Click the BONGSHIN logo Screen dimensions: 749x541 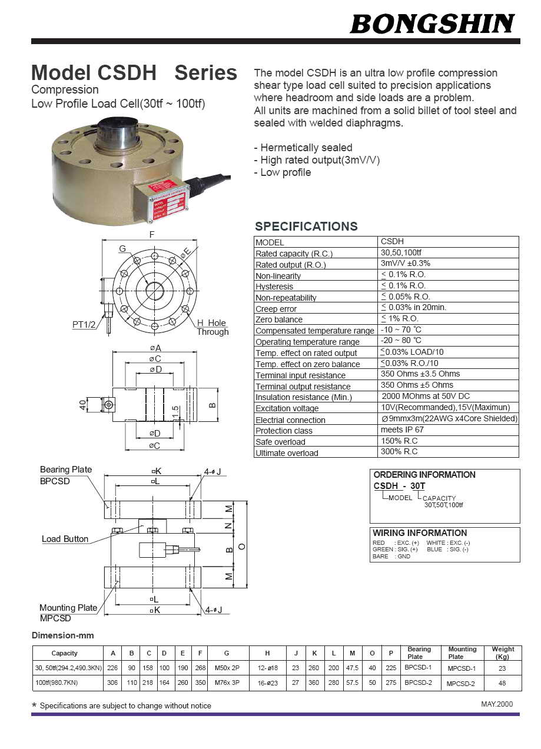point(433,24)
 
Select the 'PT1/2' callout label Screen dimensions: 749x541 point(84,324)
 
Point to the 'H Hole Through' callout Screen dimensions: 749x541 point(212,327)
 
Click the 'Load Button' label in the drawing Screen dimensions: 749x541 point(65,539)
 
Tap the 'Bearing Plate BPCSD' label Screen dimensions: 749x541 point(65,474)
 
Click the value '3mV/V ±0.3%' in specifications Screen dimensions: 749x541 point(405,264)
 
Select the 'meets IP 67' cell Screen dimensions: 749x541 point(402,430)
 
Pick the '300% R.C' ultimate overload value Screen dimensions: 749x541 point(399,452)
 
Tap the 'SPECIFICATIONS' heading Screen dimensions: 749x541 point(306,227)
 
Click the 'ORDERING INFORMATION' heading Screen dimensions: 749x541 point(424,475)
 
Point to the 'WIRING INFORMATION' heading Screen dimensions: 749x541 point(419,533)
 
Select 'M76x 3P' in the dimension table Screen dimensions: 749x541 point(227,683)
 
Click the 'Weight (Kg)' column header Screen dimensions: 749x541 point(502,653)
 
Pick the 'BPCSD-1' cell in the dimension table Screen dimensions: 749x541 point(418,668)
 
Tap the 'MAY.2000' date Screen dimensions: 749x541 point(497,704)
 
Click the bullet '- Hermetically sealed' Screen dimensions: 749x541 point(303,148)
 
